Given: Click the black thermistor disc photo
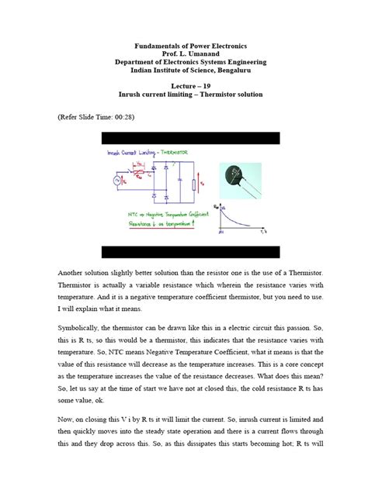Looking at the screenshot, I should pyautogui.click(x=238, y=178).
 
